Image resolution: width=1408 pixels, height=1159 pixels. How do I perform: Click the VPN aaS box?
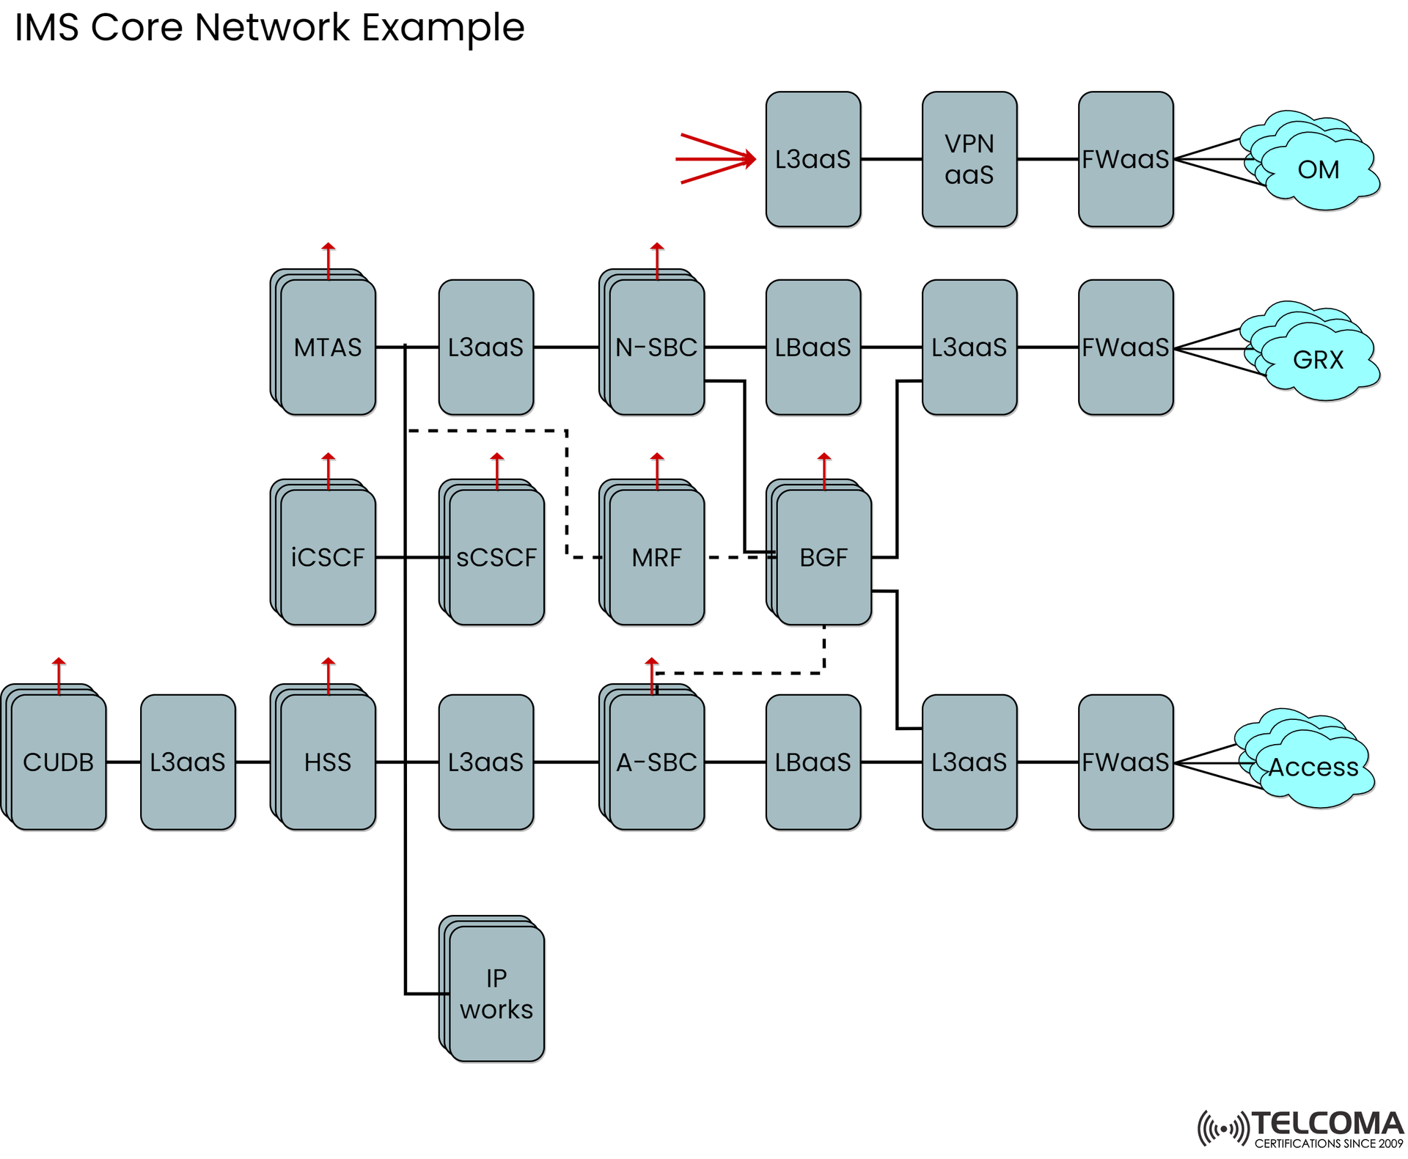[x=969, y=159]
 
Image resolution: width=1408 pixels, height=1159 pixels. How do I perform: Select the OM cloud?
[x=1318, y=170]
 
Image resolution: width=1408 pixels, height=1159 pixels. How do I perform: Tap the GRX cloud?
[x=1318, y=359]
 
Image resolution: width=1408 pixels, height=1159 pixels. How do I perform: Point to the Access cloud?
[x=1313, y=766]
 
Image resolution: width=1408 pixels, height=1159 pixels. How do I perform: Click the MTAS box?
[x=328, y=347]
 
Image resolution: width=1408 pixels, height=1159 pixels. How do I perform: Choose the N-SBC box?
[x=656, y=347]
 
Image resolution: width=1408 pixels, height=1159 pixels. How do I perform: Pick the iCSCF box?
[x=328, y=557]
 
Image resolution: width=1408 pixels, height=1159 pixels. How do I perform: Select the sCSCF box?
[x=496, y=557]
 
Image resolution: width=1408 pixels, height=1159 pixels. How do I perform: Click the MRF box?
[x=656, y=557]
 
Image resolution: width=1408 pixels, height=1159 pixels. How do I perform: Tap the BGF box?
[x=824, y=557]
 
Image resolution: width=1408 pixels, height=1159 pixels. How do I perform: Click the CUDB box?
[x=59, y=762]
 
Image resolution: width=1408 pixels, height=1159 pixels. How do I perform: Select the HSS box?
[x=328, y=762]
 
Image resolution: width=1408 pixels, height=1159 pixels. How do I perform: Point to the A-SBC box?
[x=656, y=762]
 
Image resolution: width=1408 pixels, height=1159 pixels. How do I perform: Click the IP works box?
[x=496, y=993]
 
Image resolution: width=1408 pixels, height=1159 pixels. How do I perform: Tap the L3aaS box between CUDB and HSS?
[x=188, y=762]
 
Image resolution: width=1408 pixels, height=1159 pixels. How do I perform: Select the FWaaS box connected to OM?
[x=1125, y=159]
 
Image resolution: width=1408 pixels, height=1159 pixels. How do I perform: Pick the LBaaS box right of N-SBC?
[x=813, y=347]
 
